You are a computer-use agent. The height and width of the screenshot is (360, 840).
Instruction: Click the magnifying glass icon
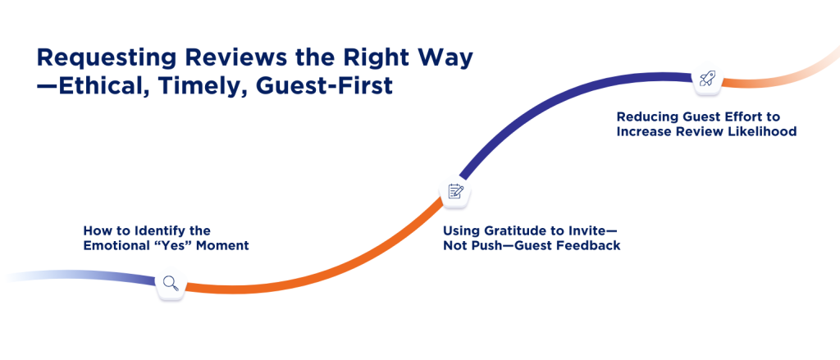[170, 284]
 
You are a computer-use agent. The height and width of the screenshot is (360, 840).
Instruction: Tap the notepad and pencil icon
[455, 191]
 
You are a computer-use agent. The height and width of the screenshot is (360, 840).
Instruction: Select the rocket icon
[705, 79]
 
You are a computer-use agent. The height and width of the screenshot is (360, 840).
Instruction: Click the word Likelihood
[763, 130]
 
